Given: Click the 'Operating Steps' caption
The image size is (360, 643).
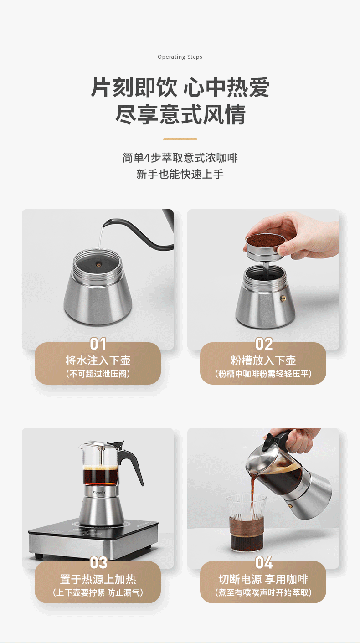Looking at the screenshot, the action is pos(180,57).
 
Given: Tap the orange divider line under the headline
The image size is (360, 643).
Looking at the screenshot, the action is pos(180,139).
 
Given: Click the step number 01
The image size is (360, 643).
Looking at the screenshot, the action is pos(98,344).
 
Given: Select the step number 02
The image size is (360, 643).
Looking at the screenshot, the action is pos(264,344).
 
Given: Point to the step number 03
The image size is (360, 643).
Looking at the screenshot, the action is pos(98,563).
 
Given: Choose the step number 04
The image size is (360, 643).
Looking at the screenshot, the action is pos(264,563).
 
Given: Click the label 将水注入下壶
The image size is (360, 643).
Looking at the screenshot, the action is pos(98,360).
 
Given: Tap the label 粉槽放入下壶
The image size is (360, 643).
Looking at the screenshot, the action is pos(263,360).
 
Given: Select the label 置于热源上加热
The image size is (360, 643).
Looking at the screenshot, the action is pos(98,579).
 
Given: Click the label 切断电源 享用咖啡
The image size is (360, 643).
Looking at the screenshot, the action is pos(263,579).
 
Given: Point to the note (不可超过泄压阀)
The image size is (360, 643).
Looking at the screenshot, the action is pos(98,374).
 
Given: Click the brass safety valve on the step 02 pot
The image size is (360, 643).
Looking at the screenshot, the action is pos(283,298).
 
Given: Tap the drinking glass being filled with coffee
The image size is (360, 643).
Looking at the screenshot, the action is pos(247,523).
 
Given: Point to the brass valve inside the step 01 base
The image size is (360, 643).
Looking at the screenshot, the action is pos(98,265).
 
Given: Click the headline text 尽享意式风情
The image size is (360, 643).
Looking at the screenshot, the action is pos(180,114).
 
